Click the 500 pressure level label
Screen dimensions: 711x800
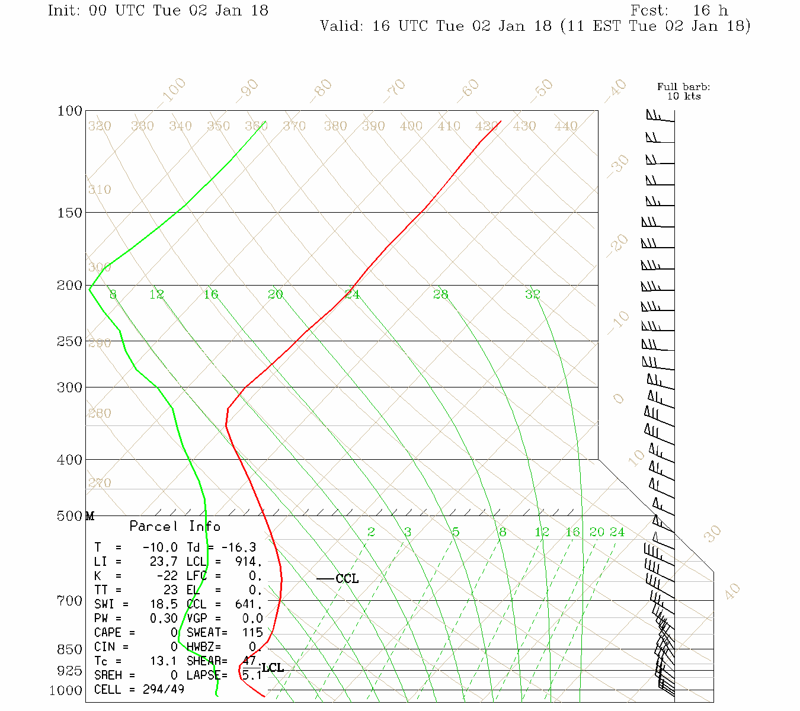click(70, 516)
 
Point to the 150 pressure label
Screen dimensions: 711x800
click(70, 212)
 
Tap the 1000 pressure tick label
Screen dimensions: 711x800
click(66, 690)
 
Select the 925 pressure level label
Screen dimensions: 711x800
click(69, 671)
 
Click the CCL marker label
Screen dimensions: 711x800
click(347, 579)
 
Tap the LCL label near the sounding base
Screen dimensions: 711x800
click(273, 668)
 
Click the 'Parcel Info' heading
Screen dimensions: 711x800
click(175, 526)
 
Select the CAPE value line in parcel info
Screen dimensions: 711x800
click(136, 633)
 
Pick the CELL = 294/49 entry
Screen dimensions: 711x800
click(139, 690)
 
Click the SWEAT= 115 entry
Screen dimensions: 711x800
click(225, 633)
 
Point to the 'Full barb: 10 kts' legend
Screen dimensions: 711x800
click(684, 91)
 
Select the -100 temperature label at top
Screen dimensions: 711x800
click(172, 90)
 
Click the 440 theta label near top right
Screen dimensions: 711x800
click(566, 126)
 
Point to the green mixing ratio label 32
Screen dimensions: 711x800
click(533, 294)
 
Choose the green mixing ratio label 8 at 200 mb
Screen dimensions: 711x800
click(113, 294)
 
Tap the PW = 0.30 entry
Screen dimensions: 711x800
click(136, 619)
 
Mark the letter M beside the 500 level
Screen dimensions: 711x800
click(90, 516)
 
